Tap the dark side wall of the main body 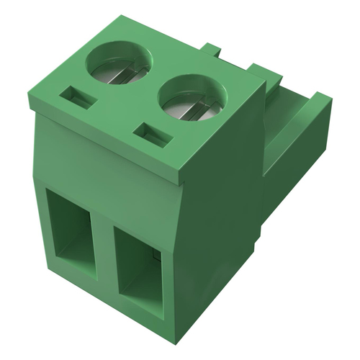coord(216,238)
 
